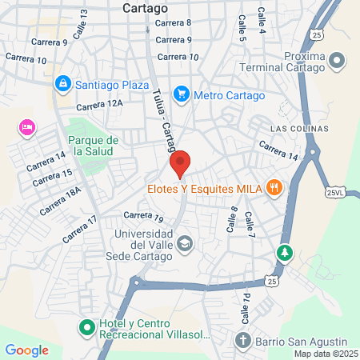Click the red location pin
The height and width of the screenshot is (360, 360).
[x=180, y=162]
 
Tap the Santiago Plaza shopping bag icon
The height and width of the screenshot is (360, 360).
[x=62, y=82]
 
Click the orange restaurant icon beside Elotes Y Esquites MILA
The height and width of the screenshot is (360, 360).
[x=274, y=188]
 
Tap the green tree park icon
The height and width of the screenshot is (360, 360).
[x=283, y=253]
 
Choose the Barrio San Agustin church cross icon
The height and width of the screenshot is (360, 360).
[x=243, y=341]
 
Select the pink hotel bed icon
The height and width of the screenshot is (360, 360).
[x=27, y=127]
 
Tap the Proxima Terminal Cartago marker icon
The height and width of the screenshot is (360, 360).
[x=337, y=60]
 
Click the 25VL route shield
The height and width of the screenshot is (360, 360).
[x=338, y=192]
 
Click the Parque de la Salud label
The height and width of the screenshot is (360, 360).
[x=94, y=146]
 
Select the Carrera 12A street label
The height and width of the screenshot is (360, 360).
[x=100, y=104]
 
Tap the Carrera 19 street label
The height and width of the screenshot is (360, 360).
[x=144, y=216]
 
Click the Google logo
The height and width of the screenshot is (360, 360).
[x=26, y=350]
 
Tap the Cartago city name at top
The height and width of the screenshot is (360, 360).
[x=146, y=7]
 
